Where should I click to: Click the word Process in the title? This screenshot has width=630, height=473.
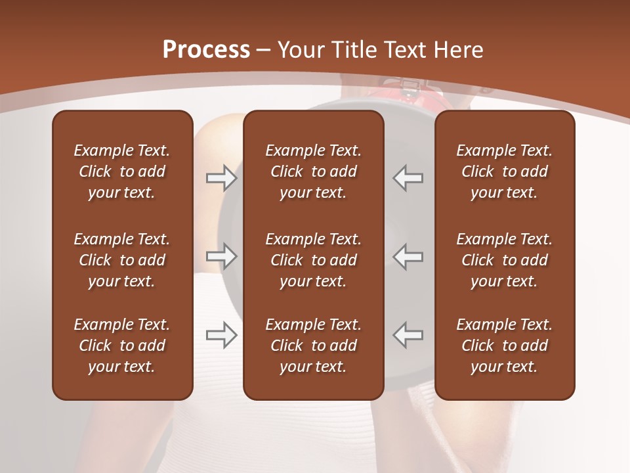coord(206,50)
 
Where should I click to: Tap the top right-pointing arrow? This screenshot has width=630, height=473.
coord(222,178)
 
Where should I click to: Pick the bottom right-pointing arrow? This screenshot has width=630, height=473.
coord(222,335)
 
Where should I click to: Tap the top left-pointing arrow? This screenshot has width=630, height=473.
coord(408,178)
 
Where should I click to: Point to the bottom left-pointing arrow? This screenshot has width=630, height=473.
coord(408,335)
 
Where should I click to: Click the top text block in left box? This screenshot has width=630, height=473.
coord(122,171)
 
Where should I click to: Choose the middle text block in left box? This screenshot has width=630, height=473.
coord(122,260)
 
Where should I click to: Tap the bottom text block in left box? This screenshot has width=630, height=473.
coord(122,346)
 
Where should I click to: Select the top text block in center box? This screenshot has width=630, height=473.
coord(313,171)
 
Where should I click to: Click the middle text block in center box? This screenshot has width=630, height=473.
coord(313,260)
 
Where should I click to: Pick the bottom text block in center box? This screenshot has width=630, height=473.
coord(313,346)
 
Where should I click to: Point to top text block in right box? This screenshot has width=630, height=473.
coord(504,171)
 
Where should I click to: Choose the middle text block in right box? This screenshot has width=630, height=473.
coord(504,260)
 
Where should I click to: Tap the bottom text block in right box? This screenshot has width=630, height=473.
coord(504,346)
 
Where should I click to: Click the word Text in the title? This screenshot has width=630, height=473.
coord(404,50)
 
